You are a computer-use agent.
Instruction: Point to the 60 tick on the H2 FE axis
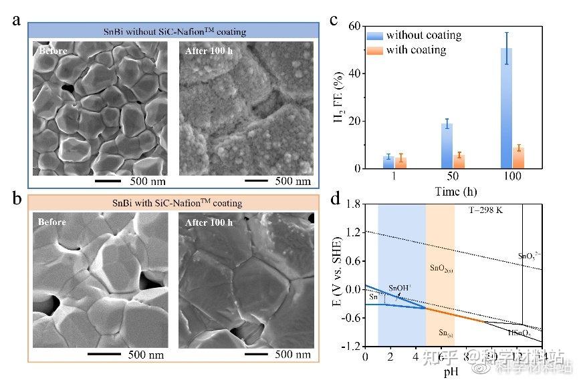pos(355,26)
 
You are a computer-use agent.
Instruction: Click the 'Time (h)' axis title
pos(453,190)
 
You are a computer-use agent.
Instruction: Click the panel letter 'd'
pos(336,199)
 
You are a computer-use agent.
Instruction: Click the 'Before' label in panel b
pos(52,222)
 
